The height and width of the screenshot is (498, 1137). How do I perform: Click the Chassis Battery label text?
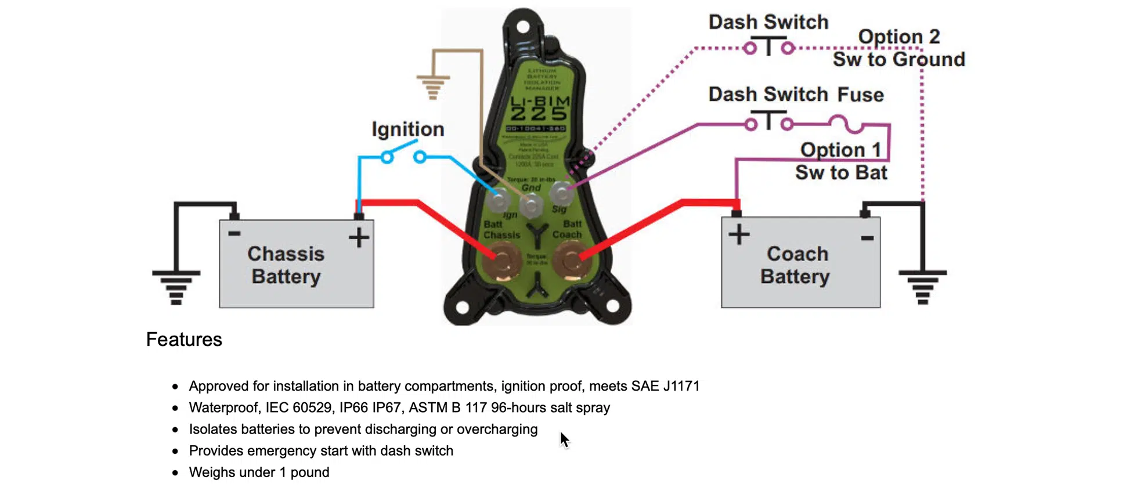pos(286,265)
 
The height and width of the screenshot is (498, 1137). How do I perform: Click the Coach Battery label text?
pos(796,265)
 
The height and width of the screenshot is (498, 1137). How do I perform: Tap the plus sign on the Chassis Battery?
pos(359,237)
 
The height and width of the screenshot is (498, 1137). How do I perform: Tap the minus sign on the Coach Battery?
pos(867,238)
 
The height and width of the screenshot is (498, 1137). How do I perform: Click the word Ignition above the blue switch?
pos(407,129)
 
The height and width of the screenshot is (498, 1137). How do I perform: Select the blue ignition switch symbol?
pos(403,156)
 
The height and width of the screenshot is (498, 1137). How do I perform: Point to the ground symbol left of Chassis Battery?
pos(176,287)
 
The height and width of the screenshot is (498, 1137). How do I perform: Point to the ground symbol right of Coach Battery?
pos(922,287)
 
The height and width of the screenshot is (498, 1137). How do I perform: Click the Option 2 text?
pos(898,37)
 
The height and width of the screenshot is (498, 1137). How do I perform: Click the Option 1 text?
pos(840,150)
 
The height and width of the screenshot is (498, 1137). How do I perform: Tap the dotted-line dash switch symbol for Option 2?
pos(768,46)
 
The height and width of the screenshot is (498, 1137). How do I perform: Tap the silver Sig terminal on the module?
pos(561,192)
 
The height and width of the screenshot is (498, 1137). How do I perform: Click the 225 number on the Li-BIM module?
pos(539,114)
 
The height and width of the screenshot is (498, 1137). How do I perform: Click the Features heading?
pos(184,340)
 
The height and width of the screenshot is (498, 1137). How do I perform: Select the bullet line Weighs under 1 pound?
pos(259,472)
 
